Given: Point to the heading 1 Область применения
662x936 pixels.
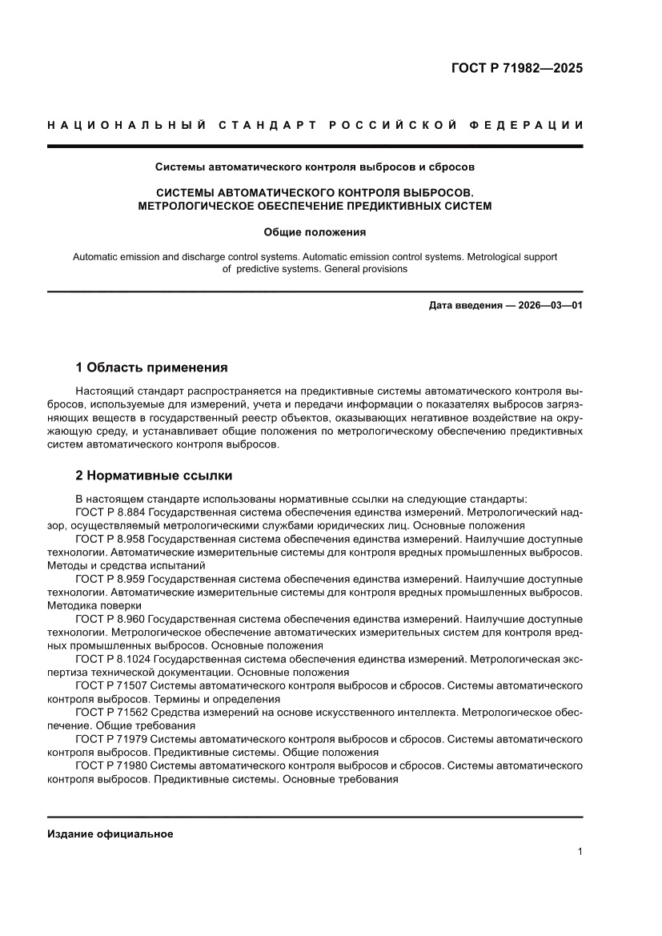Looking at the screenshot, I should pyautogui.click(x=151, y=368).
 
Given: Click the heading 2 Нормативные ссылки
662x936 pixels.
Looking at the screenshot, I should pyautogui.click(x=154, y=476).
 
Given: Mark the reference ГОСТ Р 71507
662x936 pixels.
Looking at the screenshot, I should pyautogui.click(x=111, y=686).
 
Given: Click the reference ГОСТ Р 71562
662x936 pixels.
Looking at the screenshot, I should pyautogui.click(x=111, y=712).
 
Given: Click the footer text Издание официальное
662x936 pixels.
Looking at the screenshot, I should pyautogui.click(x=110, y=834).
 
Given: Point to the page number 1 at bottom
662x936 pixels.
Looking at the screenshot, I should pyautogui.click(x=579, y=852).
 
